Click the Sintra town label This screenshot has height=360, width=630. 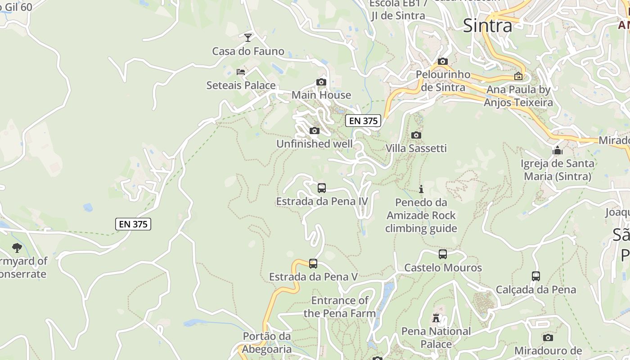coord(487,26)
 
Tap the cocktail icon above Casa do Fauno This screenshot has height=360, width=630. coord(248,37)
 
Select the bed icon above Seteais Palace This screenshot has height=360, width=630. coord(241,71)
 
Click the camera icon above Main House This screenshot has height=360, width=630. coord(321,82)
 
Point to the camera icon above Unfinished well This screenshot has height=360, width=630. coord(315,131)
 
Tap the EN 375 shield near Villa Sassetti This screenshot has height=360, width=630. coord(363,121)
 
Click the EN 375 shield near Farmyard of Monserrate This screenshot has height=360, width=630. coord(133,224)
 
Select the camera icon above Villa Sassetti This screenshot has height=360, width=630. coord(416,135)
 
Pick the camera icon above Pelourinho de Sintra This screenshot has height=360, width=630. coord(443,61)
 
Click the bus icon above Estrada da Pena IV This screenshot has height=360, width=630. coord(322,188)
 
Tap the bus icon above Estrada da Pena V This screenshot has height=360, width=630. coord(313,264)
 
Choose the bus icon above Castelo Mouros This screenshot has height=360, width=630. coord(443,254)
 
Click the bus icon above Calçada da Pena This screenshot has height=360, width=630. coord(536,276)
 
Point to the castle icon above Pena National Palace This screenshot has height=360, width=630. coord(436,318)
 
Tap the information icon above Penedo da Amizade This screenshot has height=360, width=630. coord(421,189)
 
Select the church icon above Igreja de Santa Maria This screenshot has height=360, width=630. coord(558,150)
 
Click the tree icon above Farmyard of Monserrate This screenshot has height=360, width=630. coord(17,247)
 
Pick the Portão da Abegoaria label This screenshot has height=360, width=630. coord(267,343)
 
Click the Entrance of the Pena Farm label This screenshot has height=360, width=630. coord(340,307)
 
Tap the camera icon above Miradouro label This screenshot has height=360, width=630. coord(548,337)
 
